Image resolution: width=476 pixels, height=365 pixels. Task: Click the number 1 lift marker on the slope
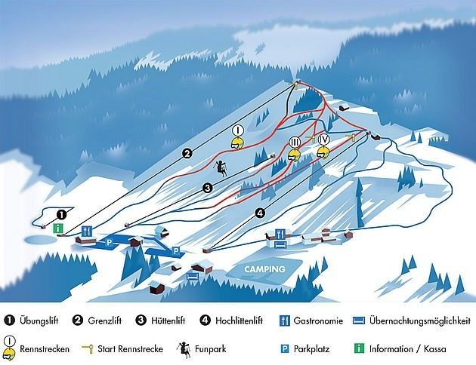(62, 214)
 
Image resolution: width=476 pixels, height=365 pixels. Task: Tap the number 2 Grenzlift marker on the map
(186, 154)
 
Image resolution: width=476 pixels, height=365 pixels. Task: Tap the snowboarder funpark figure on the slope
(222, 167)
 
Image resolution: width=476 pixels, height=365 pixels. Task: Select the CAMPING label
(264, 269)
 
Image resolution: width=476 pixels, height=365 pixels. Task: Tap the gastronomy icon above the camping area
(281, 234)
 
